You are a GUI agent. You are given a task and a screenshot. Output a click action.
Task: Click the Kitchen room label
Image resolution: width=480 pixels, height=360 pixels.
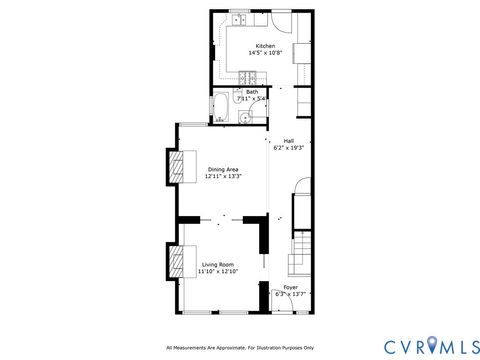pyautogui.click(x=265, y=47)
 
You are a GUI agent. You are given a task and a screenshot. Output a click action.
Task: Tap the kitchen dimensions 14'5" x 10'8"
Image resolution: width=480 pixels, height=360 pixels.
pyautogui.click(x=265, y=54)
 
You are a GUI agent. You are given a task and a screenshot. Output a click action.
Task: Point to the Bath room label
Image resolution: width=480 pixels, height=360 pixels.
pyautogui.click(x=251, y=92)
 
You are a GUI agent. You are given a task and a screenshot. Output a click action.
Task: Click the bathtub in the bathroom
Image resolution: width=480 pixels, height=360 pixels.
pyautogui.click(x=221, y=109)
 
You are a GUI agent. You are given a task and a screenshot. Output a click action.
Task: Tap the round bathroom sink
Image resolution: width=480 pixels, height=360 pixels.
pyautogui.click(x=244, y=118)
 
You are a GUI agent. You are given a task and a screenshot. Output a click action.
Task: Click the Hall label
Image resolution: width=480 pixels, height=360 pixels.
pyautogui.click(x=288, y=140)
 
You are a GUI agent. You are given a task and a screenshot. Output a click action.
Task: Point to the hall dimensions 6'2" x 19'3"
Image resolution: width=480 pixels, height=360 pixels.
pyautogui.click(x=288, y=147)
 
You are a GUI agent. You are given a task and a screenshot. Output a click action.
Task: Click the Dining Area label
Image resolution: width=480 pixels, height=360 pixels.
pyautogui.click(x=224, y=169)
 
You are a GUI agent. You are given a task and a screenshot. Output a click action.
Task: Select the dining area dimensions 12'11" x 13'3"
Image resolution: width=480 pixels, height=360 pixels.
pyautogui.click(x=224, y=176)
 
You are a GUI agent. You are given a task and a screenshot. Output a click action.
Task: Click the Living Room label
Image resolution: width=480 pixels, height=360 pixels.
pyautogui.click(x=217, y=264)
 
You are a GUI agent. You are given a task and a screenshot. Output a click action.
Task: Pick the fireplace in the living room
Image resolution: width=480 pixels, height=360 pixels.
pyautogui.click(x=177, y=262)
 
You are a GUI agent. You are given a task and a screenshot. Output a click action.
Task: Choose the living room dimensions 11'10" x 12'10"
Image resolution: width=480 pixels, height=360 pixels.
pyautogui.click(x=217, y=271)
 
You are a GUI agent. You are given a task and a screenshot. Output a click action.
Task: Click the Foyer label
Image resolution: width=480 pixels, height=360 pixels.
pyautogui.click(x=290, y=287)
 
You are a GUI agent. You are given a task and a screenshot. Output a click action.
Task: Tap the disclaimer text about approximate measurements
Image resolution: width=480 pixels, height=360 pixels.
pyautogui.click(x=240, y=347)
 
